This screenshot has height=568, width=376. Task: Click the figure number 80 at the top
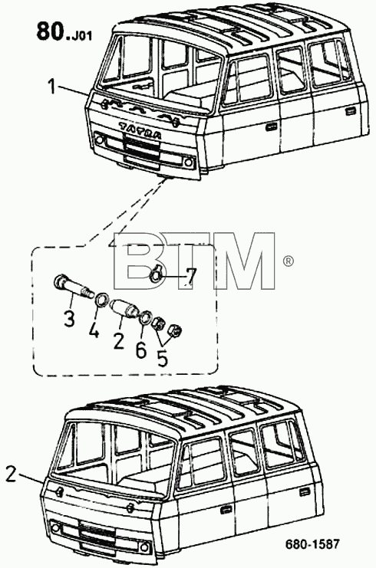50,31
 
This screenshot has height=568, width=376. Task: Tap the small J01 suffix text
81,36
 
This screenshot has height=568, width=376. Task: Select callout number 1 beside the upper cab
53,87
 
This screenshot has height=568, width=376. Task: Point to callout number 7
191,277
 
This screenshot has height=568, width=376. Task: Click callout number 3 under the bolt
68,319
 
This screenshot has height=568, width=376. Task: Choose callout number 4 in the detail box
94,330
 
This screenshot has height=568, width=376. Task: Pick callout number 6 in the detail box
141,350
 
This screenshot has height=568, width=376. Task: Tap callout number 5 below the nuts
162,359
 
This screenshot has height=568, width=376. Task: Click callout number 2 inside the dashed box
119,342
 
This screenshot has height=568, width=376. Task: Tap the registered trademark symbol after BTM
288,261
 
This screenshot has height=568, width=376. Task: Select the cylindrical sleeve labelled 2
123,307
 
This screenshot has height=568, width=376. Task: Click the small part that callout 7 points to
157,274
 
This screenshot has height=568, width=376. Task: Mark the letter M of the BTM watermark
245,261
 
